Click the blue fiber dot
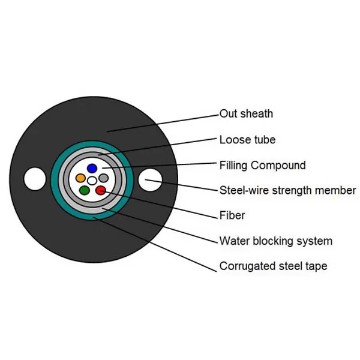point(92,168)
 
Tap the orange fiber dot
point(80,178)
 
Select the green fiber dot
point(85,191)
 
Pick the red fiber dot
point(100,191)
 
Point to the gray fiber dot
point(103,178)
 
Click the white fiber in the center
point(92,180)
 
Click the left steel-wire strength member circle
point(34,179)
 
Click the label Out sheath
point(246,113)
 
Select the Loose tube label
point(247,140)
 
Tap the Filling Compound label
point(262,166)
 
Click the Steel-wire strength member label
point(287,191)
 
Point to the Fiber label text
point(232,215)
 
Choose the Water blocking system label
point(275,241)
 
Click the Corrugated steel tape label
point(273,266)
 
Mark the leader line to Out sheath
point(162,122)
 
